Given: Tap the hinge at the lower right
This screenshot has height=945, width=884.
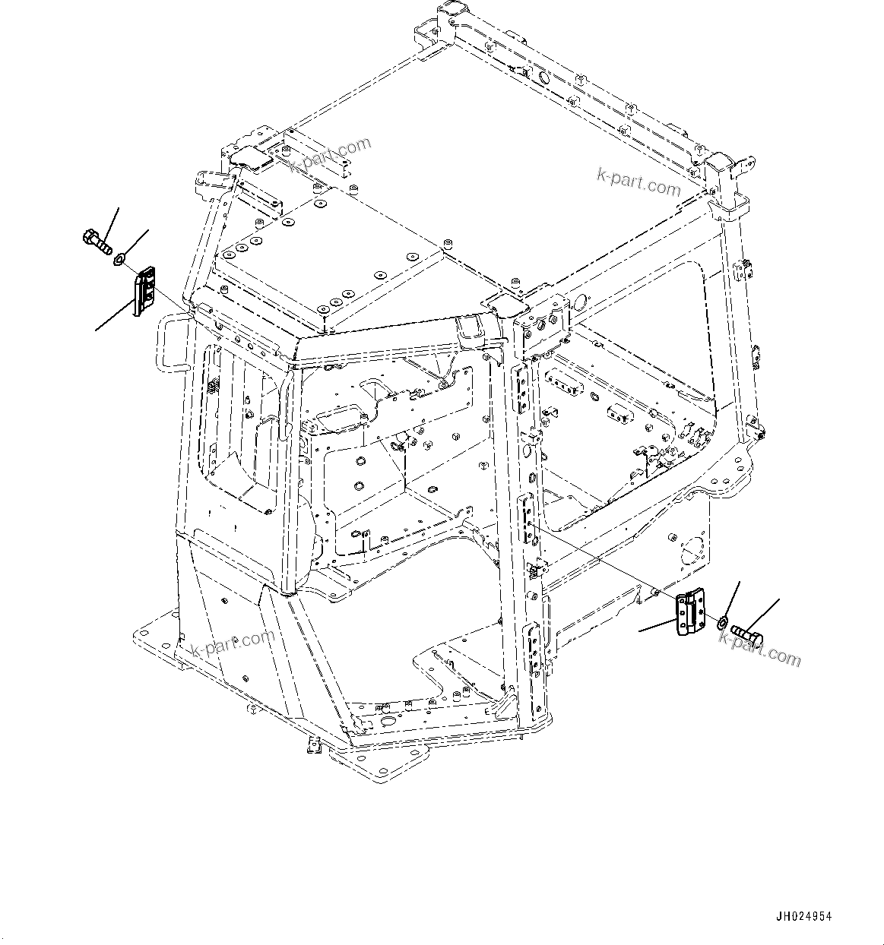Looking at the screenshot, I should (689, 612).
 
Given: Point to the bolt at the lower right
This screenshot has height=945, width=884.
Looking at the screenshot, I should (747, 631).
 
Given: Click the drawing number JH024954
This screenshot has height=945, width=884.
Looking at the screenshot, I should (803, 916).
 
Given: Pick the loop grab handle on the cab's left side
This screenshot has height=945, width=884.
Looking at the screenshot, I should (171, 345).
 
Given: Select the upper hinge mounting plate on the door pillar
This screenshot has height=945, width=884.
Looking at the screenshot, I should (523, 388).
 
